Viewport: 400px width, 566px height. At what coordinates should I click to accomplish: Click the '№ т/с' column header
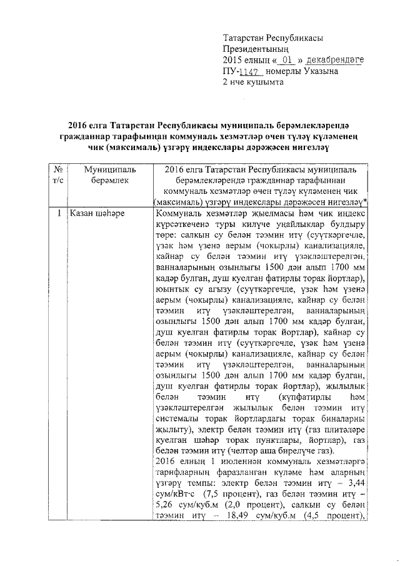pos(57,174)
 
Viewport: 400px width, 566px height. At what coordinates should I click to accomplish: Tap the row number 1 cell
pos(57,214)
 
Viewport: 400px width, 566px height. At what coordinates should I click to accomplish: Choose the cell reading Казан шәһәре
pos(97,214)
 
